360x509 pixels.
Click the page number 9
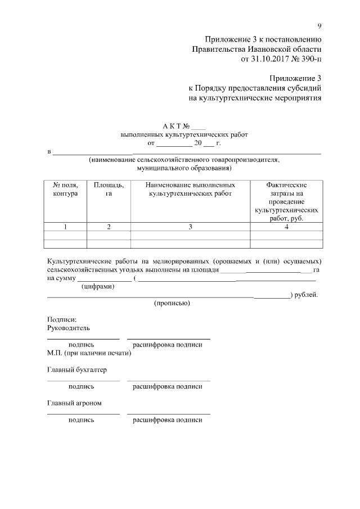click(319, 26)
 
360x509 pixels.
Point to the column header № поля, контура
click(65, 189)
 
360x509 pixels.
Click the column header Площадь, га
click(109, 189)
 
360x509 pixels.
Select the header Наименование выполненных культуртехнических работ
click(190, 189)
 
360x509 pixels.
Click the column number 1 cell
click(65, 227)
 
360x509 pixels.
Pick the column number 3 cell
click(190, 227)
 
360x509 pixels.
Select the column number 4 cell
click(286, 227)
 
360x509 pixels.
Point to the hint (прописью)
click(172, 304)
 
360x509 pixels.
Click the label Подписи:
click(58, 319)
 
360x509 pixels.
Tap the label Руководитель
click(68, 328)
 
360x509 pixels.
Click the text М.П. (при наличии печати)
click(89, 354)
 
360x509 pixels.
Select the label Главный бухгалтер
click(76, 370)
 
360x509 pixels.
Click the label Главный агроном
click(74, 403)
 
